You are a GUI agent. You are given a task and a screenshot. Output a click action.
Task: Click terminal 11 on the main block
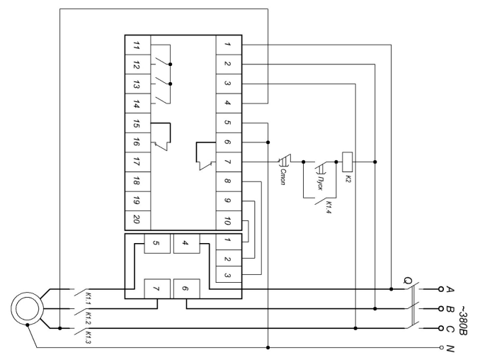[137, 45]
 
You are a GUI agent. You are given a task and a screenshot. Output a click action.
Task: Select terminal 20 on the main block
[137, 220]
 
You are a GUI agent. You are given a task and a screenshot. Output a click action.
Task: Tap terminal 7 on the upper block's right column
[229, 162]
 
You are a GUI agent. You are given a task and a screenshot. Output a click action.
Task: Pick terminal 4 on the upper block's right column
[229, 103]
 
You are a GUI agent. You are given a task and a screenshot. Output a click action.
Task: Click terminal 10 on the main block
[229, 220]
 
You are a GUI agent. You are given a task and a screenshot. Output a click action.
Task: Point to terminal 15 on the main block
[137, 123]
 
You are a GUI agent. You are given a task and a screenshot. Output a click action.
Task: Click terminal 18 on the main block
[137, 181]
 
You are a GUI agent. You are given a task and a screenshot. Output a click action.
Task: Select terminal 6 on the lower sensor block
[186, 288]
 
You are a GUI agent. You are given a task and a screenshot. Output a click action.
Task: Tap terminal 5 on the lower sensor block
[156, 244]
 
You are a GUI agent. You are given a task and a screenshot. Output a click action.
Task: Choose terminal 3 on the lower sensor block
[229, 274]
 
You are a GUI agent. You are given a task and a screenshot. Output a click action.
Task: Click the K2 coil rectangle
[347, 162]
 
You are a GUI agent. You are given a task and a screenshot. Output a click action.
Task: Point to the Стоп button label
[283, 177]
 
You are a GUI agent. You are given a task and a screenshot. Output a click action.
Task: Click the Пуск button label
[319, 183]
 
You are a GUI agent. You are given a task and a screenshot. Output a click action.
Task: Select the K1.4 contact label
[328, 207]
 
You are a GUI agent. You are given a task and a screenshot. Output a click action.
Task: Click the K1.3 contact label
[88, 337]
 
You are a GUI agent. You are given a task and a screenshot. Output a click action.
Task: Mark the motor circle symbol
[27, 308]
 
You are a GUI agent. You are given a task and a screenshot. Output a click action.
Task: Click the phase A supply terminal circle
[441, 289]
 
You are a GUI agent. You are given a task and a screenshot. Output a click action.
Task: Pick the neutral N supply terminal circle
[441, 347]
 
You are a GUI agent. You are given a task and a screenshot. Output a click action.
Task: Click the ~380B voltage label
[462, 320]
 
